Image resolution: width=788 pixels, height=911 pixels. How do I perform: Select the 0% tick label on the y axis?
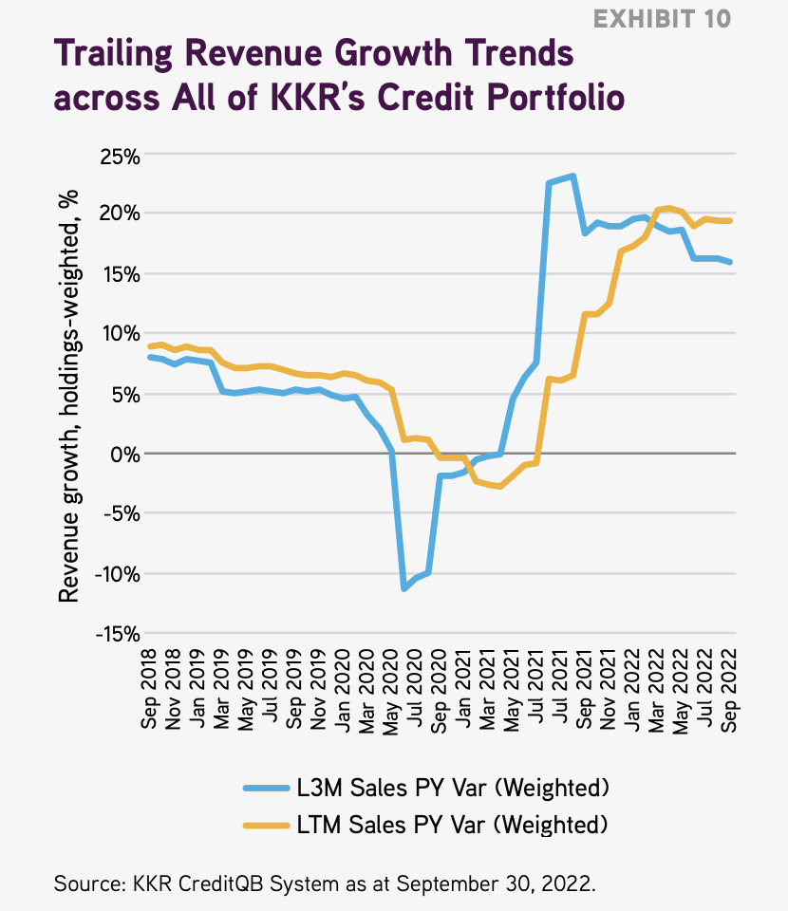[122, 455]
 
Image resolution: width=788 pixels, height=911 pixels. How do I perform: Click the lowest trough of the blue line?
[404, 589]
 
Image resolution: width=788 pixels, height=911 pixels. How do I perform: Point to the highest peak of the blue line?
[572, 176]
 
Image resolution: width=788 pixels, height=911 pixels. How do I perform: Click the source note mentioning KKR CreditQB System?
[324, 883]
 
